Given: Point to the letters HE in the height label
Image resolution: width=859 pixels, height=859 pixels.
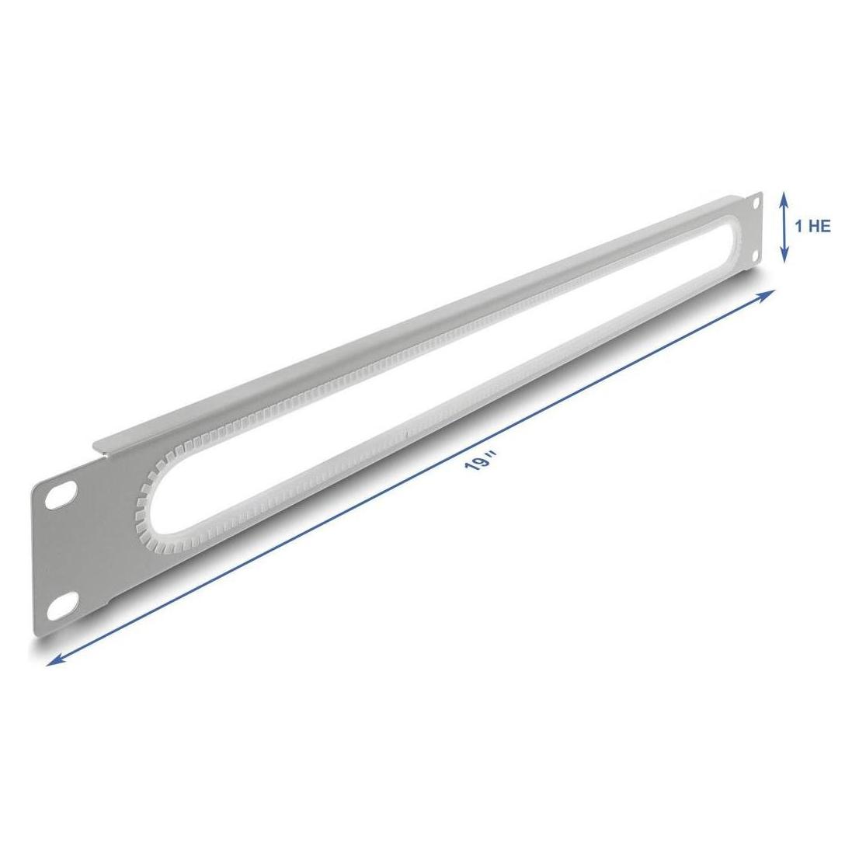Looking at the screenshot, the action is (820, 226).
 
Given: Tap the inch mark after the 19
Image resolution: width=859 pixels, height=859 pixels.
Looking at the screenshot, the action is (492, 454).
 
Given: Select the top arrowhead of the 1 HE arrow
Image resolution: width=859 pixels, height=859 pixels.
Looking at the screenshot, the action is (784, 197).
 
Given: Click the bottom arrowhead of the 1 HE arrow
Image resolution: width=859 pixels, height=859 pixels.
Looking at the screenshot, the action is (784, 256).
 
